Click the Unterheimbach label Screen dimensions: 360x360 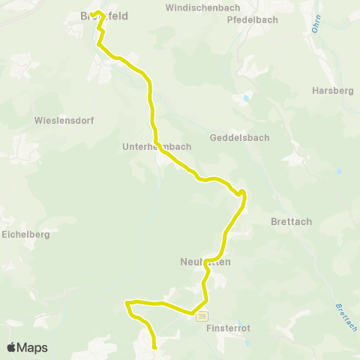157,147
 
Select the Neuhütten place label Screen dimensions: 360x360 205,262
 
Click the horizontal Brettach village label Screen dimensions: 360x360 289,222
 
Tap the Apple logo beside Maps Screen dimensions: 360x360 11,348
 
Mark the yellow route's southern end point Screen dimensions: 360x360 154,347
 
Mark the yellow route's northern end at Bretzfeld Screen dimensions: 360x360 91,14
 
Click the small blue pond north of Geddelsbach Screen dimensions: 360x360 246,98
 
